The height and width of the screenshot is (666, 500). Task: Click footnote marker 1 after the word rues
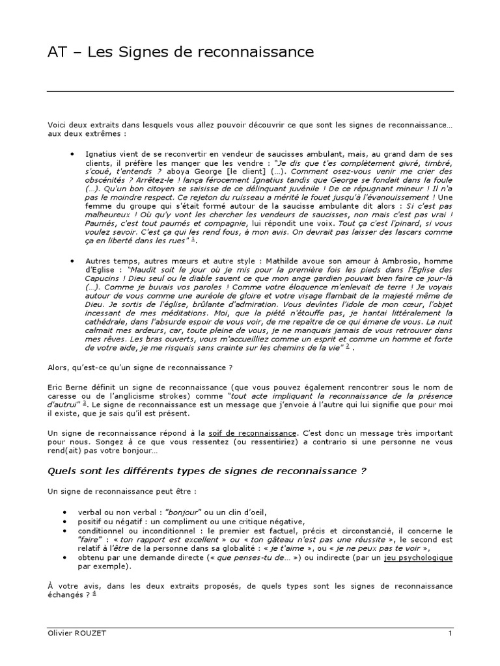[x=193, y=239]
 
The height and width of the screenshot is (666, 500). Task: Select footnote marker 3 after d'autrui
[x=85, y=403]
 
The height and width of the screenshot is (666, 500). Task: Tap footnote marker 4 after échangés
[x=94, y=593]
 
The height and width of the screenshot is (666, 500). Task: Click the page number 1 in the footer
[x=449, y=633]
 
